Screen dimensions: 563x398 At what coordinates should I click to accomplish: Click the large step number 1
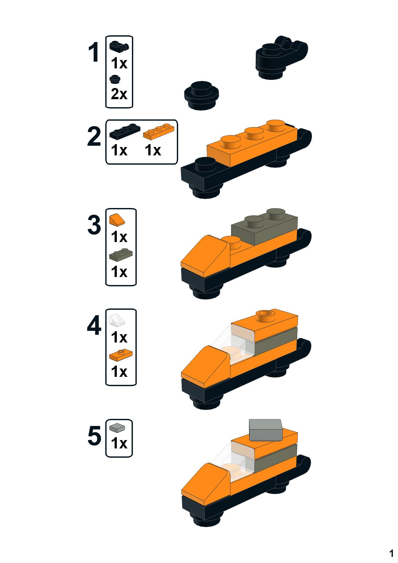(x=94, y=53)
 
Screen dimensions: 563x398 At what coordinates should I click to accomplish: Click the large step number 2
(x=94, y=137)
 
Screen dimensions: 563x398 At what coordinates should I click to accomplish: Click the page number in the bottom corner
(x=391, y=553)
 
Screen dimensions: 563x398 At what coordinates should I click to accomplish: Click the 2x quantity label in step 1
(x=119, y=94)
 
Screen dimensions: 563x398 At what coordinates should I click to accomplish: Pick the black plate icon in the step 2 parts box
(x=125, y=132)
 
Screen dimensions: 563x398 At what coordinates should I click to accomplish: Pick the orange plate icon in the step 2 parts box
(x=159, y=132)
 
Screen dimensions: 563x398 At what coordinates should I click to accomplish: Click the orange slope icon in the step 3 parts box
(x=117, y=220)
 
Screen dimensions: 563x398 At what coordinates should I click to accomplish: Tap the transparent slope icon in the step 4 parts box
(x=117, y=321)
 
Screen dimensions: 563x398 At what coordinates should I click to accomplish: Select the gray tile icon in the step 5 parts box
(x=117, y=428)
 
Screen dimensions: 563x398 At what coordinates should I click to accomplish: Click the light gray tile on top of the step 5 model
(x=266, y=429)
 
